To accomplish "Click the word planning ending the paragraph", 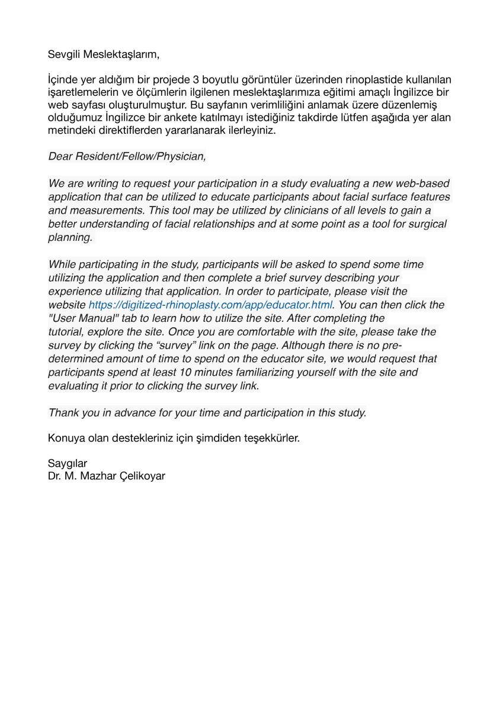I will pyautogui.click(x=71, y=238).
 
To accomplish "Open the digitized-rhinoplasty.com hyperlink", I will pyautogui.click(x=210, y=305).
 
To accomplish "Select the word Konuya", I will pyautogui.click(x=66, y=439).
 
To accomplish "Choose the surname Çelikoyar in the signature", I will pyautogui.click(x=142, y=476).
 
